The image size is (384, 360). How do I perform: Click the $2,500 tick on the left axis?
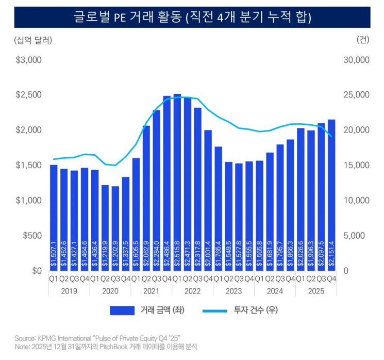[29, 95]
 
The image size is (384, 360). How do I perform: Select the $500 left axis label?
[33, 236]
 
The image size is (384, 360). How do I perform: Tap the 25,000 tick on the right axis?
[356, 95]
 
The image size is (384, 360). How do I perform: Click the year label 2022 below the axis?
[192, 290]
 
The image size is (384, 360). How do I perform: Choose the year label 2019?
[69, 290]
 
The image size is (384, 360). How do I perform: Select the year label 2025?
[316, 290]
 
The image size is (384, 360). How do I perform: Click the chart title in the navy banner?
[192, 17]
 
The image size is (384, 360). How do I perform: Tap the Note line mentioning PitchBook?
[106, 347]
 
